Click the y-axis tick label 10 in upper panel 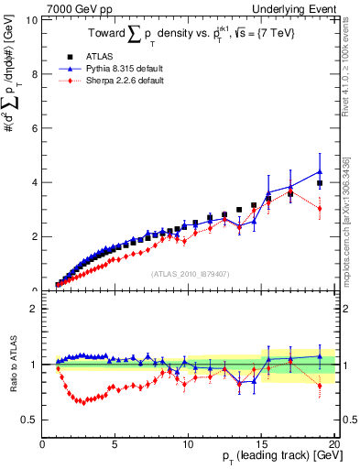coord(32,19)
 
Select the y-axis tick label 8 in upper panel coord(34,73)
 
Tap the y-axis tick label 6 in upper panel coord(34,128)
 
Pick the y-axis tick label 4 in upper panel coord(34,182)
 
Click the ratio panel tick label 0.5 coord(30,420)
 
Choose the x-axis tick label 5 coord(115,445)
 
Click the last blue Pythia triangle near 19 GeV coord(319,171)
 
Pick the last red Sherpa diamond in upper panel coord(319,209)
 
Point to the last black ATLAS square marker coord(319,183)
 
